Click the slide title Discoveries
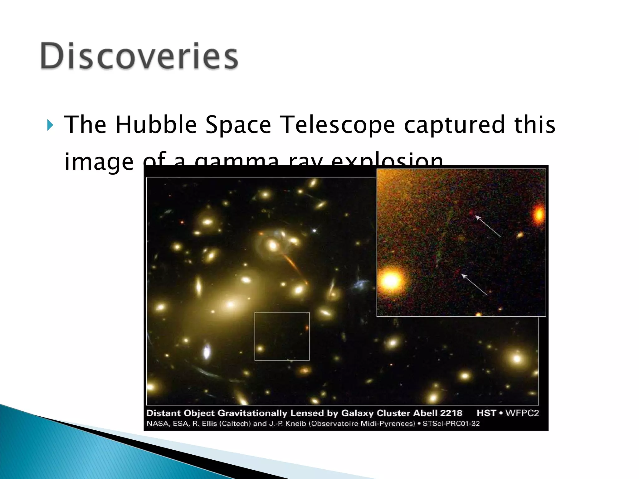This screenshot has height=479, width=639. point(139,56)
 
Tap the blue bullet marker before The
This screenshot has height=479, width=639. point(50,125)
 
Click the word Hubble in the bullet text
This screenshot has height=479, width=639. point(156,125)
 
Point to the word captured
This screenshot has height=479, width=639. point(454,125)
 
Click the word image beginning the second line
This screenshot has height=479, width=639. point(99,162)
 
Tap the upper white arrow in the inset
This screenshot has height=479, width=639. point(488,226)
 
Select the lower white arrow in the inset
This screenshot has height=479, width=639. point(474,284)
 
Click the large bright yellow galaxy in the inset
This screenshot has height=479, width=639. point(391,280)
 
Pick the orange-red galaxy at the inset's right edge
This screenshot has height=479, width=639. point(539,215)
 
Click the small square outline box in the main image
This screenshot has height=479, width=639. point(282,336)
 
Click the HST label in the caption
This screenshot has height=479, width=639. point(486,413)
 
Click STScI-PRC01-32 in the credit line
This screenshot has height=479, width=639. point(451,423)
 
